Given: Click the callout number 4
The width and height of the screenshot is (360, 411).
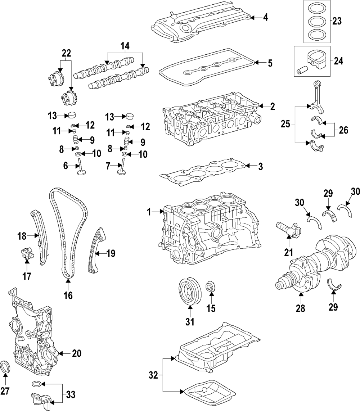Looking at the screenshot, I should (x=265, y=17).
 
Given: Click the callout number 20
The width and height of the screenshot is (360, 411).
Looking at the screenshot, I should (x=76, y=353).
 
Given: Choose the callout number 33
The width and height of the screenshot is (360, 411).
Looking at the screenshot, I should (x=71, y=395).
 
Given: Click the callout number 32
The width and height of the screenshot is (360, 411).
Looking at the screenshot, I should (x=153, y=375).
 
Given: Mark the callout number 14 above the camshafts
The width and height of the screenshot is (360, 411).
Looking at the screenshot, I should (x=125, y=46).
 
